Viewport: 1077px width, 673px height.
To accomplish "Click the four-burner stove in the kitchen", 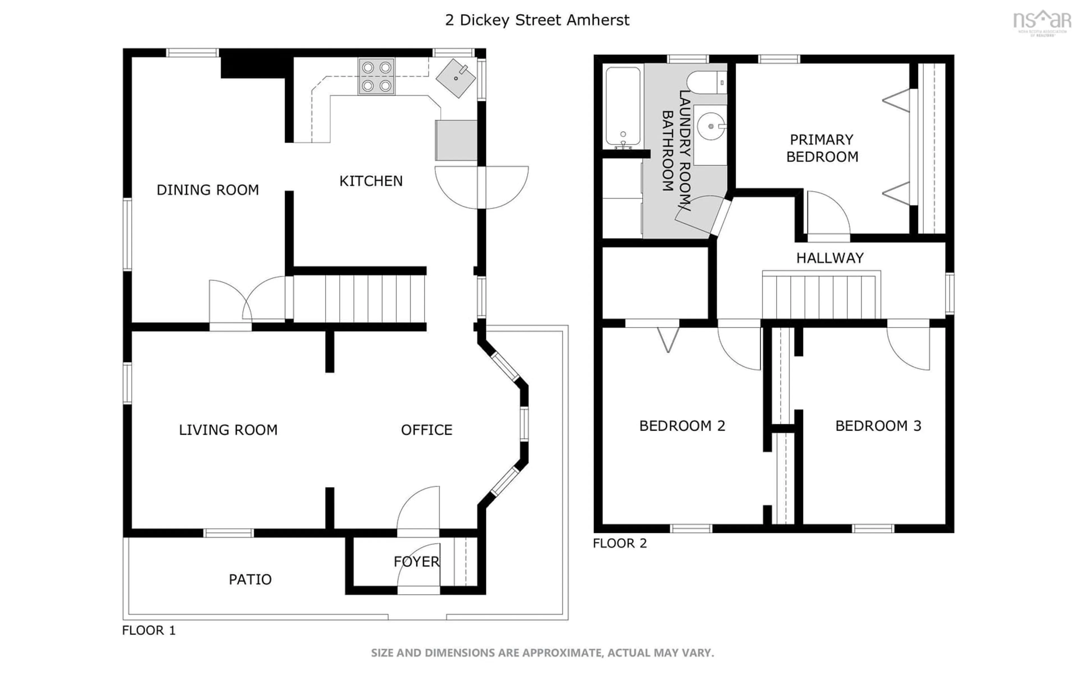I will (x=376, y=77).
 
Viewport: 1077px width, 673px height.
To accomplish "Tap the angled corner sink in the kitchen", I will (x=456, y=78).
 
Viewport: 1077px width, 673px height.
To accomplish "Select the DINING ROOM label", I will (x=207, y=190).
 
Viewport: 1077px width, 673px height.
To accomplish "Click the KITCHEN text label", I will (x=371, y=181).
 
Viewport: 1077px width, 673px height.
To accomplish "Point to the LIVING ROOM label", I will (x=228, y=430).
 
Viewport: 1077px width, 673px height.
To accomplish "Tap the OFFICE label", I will (x=426, y=430).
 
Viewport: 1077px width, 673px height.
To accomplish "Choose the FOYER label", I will (x=416, y=562).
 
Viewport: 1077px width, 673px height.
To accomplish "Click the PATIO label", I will (x=250, y=580).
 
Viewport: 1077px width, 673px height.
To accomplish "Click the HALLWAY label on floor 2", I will (x=830, y=258).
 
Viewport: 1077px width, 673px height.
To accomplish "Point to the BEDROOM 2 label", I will (x=682, y=426).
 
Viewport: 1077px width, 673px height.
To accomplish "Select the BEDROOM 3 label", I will (x=878, y=426).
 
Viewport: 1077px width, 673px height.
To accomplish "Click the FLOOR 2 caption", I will (x=620, y=543).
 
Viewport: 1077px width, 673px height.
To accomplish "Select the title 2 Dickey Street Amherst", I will (x=537, y=20).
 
